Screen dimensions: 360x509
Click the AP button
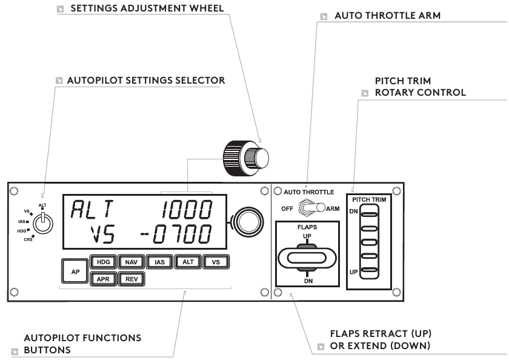pyautogui.click(x=75, y=272)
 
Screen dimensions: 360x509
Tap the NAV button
pyautogui.click(x=129, y=262)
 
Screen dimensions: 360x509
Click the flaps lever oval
pyautogui.click(x=306, y=257)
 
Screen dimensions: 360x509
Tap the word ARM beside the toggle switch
pyautogui.click(x=333, y=208)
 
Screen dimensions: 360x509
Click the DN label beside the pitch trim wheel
pyautogui.click(x=353, y=212)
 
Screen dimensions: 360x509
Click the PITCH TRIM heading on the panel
pyautogui.click(x=369, y=199)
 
